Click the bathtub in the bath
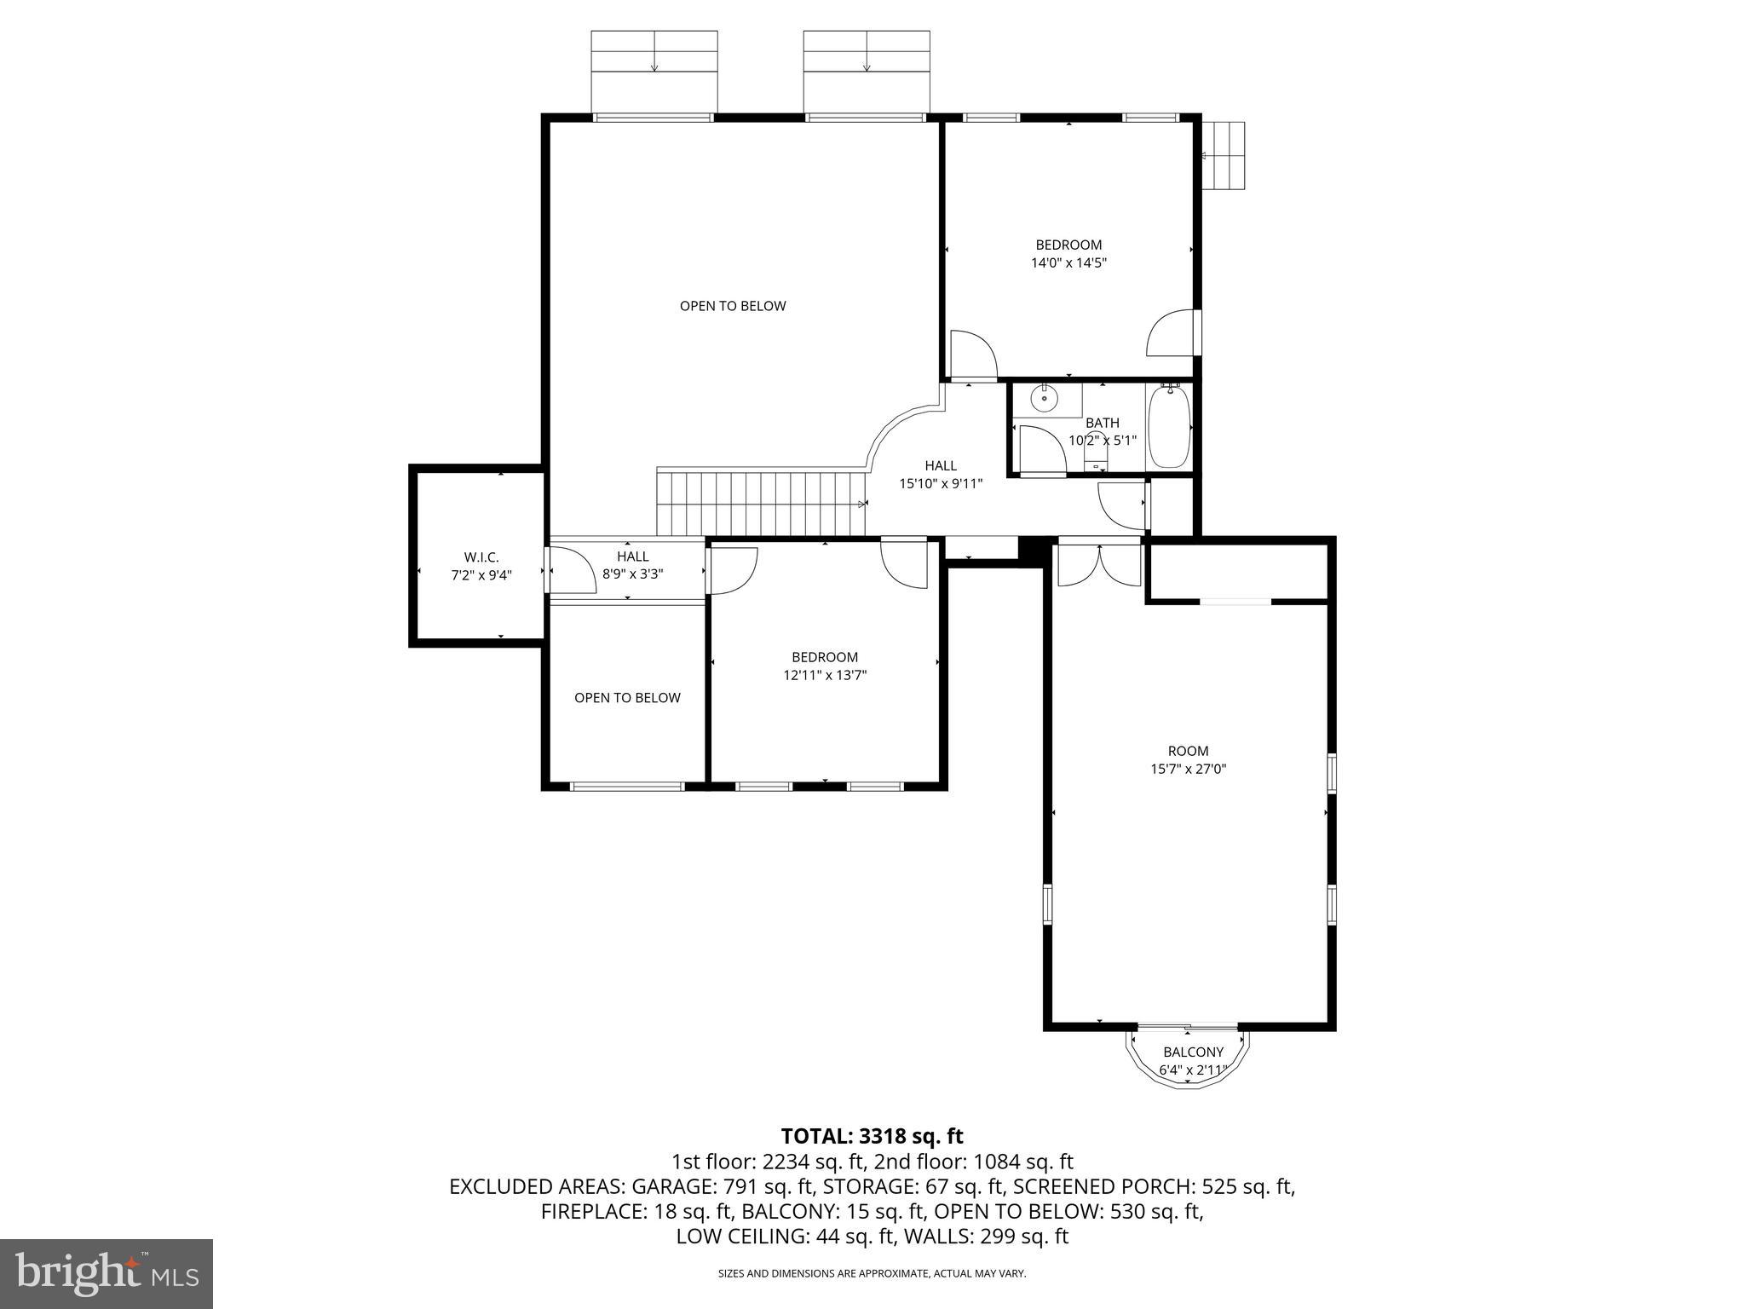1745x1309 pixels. pos(1169,427)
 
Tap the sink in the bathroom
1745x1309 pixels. pos(1044,398)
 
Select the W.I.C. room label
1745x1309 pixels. pos(481,557)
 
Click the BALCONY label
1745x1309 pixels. pos(1193,1052)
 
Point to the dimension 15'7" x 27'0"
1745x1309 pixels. pos(1188,769)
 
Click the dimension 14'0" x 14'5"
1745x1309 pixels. pos(1068,263)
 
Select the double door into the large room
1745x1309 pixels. pos(1099,565)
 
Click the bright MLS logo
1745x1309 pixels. pos(107,1273)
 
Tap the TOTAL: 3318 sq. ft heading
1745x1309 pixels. pos(872,1136)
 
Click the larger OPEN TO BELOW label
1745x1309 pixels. pos(732,306)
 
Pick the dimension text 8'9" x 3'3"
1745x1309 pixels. pos(632,574)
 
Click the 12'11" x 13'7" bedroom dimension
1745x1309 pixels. pos(824,675)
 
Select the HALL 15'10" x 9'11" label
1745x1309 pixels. pos(941,475)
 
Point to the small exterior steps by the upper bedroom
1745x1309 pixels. pos(1224,156)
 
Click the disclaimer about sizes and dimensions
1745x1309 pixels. pos(872,1273)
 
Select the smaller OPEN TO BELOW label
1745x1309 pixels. pos(627,698)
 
